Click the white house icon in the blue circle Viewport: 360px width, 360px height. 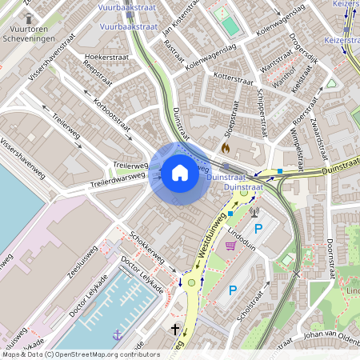coord(180,172)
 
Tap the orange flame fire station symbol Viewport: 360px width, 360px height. coord(226,148)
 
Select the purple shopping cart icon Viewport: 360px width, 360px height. coord(230,246)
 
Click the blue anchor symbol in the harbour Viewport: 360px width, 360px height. coord(118,334)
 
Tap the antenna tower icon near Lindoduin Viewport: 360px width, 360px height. coord(254,213)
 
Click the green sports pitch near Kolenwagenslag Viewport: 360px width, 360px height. coord(230,23)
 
